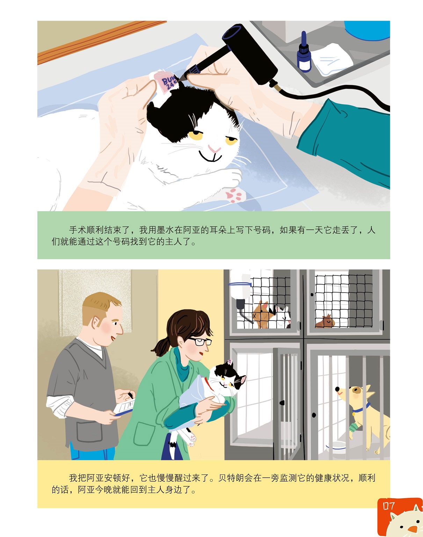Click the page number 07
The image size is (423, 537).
(x=389, y=506)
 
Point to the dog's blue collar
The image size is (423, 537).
(x=360, y=409)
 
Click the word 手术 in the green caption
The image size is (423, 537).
(x=78, y=230)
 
